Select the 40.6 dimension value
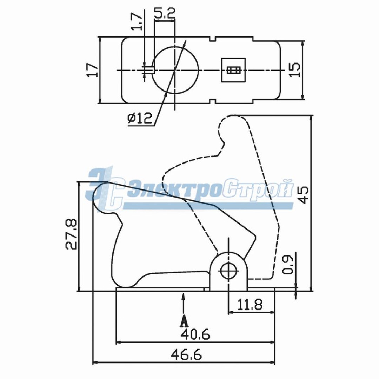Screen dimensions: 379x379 tap(195, 335)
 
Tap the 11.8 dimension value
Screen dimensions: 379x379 tap(250, 305)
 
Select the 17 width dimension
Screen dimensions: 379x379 tap(92, 70)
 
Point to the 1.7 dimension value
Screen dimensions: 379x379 tap(137, 22)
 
